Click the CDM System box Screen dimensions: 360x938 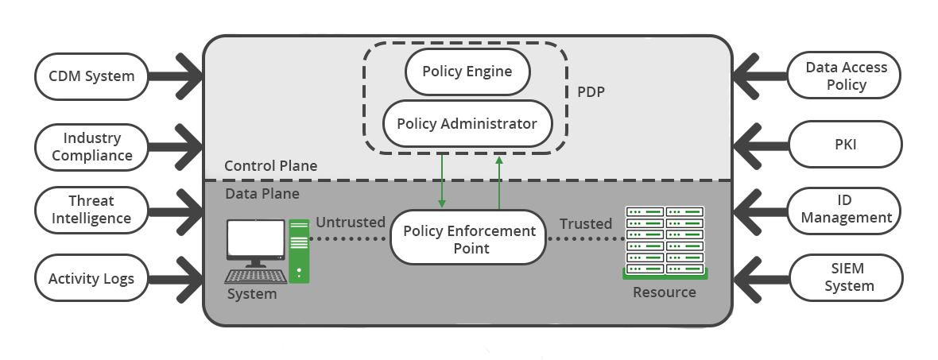coord(91,77)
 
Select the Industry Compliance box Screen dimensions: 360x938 coord(91,146)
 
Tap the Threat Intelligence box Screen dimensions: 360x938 coord(91,210)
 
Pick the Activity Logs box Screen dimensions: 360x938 coord(91,279)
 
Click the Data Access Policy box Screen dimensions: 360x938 coord(846,76)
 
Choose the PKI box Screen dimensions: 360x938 coord(846,145)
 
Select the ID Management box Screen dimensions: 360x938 coord(846,209)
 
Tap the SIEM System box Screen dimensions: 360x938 coord(846,277)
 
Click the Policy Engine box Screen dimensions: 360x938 coord(467,72)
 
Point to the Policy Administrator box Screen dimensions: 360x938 coord(467,124)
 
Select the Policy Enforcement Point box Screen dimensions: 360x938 coord(469,238)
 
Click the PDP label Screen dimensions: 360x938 coord(591,91)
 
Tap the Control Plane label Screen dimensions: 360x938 coord(270,166)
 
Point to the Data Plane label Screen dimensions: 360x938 coord(262,193)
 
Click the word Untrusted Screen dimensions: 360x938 coord(351,223)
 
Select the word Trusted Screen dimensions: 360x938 coord(586,223)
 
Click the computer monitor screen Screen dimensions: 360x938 coord(256,239)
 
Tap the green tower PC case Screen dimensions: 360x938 coord(300,250)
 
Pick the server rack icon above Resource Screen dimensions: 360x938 coord(665,242)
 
